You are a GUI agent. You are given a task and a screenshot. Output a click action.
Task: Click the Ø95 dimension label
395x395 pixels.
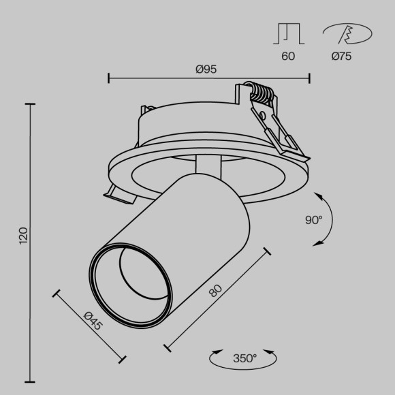point(206,68)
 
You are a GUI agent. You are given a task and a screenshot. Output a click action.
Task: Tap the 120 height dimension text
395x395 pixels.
point(22,236)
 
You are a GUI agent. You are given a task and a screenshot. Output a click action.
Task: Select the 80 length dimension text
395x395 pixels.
point(215,291)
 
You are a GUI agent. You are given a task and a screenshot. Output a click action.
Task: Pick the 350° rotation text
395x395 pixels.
point(244,358)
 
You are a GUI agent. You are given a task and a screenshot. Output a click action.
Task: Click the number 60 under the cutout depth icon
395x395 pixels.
point(288,57)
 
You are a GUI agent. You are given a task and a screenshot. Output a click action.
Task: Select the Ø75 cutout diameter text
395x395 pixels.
point(341,57)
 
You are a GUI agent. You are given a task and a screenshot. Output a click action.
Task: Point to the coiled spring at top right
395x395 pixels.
point(262,94)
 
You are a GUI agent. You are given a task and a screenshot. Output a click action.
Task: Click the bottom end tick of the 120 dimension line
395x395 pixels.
point(29,382)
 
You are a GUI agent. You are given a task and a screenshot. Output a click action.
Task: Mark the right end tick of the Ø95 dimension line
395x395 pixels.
point(309,78)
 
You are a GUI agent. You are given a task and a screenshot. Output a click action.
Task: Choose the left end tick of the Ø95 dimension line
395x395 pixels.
point(109,78)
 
